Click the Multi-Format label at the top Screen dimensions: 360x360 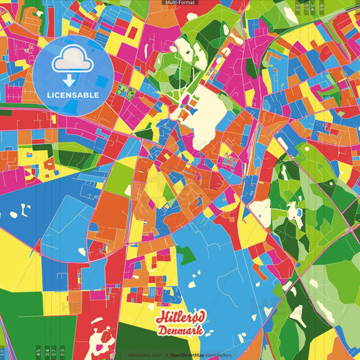(180, 3)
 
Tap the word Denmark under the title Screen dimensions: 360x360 (180, 331)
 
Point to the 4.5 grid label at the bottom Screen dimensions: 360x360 (38, 351)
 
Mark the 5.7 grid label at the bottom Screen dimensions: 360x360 (54, 351)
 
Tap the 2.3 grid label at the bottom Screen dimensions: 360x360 (62, 351)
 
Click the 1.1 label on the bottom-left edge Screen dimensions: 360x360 (2, 353)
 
